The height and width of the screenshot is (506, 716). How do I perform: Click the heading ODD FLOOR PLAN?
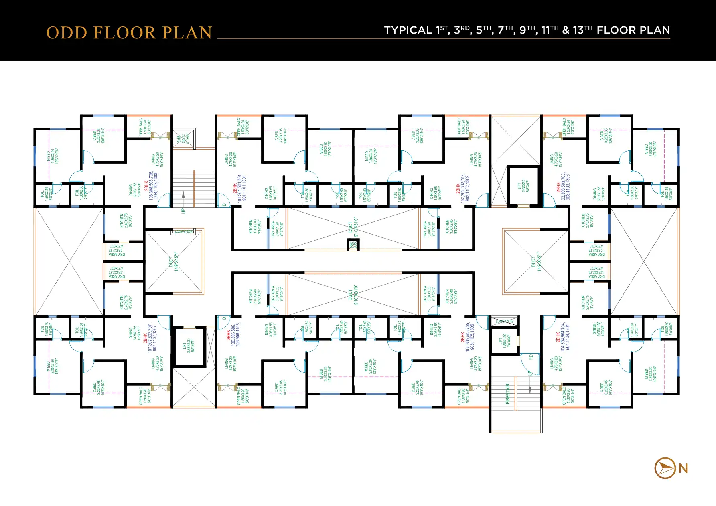coord(129,33)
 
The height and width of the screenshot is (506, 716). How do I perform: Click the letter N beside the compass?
coord(683,468)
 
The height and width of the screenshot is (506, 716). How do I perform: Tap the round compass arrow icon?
coord(665,468)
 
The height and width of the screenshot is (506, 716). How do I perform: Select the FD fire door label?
coord(531,357)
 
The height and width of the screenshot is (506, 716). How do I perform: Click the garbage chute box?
coord(184,138)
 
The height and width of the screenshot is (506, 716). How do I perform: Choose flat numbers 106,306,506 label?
coord(235,335)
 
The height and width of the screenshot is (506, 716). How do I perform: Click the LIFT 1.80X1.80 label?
coord(503,341)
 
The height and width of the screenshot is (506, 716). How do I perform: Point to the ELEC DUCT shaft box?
coord(504,321)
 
